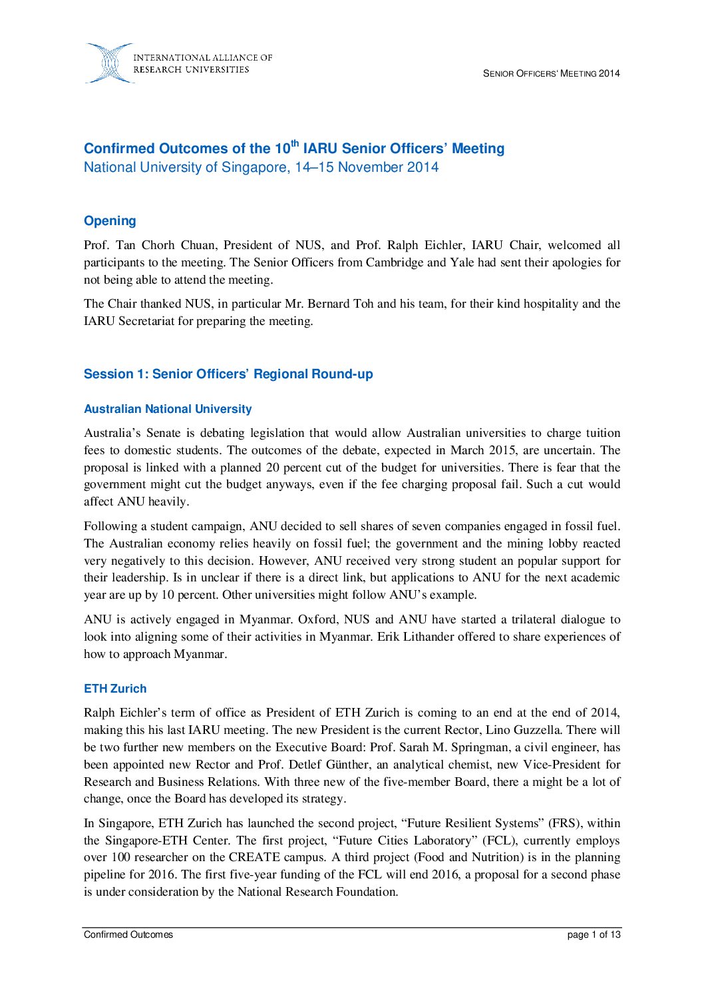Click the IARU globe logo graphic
click(x=108, y=63)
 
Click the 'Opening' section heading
click(x=110, y=221)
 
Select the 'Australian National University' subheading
click(x=168, y=409)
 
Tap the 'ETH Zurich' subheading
click(x=115, y=689)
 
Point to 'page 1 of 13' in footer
click(x=594, y=935)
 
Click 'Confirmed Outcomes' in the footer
click(x=128, y=935)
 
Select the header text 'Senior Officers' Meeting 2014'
click(x=551, y=74)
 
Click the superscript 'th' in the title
click(x=295, y=143)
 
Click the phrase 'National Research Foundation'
click(x=316, y=892)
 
